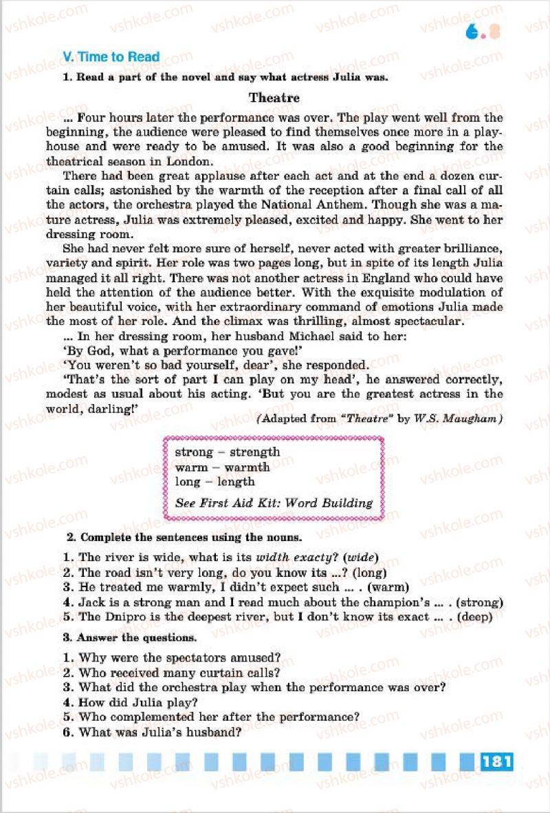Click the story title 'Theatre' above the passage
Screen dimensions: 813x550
pos(274,98)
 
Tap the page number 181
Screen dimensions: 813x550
pos(498,761)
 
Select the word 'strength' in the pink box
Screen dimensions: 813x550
pos(254,452)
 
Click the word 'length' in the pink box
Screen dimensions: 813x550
pos(236,482)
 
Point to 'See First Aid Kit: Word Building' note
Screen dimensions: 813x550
pos(274,503)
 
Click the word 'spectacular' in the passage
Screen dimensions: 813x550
pos(425,321)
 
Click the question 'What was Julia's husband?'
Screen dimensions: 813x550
pos(159,732)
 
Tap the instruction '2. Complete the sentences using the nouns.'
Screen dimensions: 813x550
pos(184,537)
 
